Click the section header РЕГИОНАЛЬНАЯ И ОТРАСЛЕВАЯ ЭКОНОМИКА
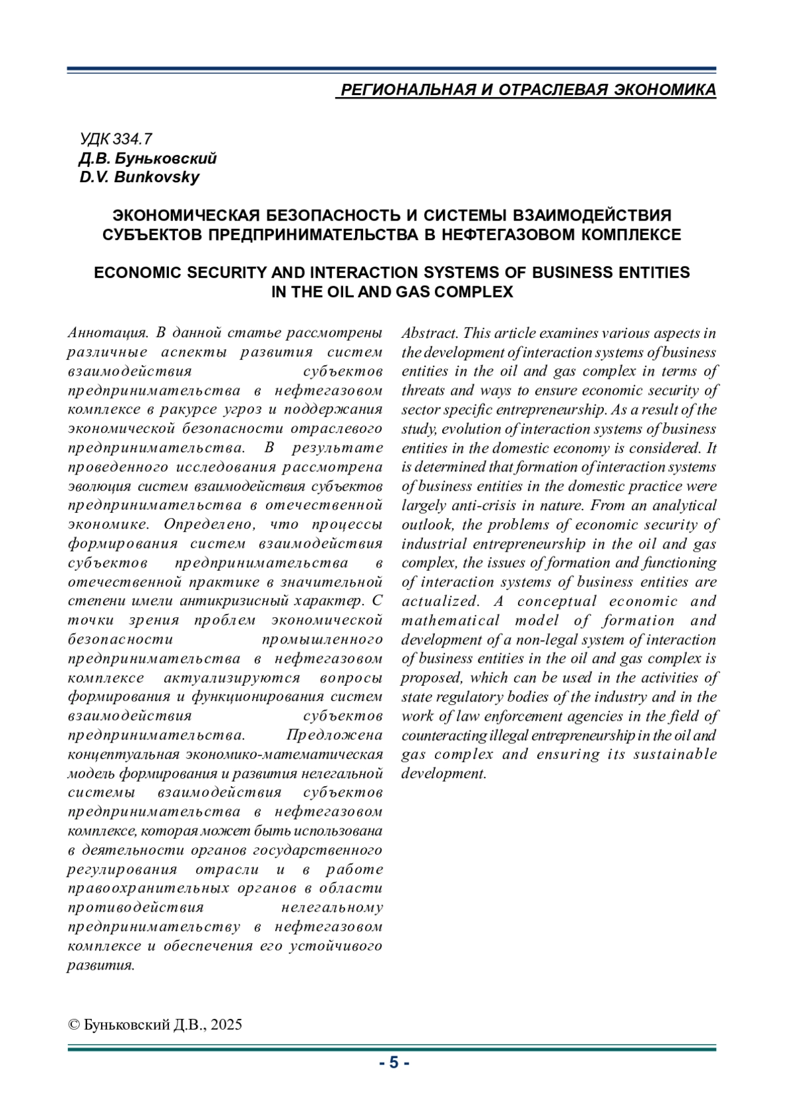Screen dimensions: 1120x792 [x=527, y=90]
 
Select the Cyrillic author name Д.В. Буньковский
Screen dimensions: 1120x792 [x=147, y=158]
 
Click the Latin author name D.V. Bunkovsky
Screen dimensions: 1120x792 [x=139, y=177]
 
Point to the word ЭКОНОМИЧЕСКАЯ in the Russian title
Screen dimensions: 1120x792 [x=188, y=215]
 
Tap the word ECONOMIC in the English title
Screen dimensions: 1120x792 [x=138, y=273]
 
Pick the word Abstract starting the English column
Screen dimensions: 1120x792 [x=430, y=333]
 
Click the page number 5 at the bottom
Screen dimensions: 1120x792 [x=394, y=1063]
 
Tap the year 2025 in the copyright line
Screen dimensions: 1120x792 [x=226, y=1024]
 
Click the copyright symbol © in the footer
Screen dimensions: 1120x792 [x=74, y=1024]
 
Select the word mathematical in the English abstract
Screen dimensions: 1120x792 [x=450, y=620]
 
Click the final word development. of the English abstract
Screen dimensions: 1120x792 [x=444, y=774]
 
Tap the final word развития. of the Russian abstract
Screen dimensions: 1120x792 [x=101, y=965]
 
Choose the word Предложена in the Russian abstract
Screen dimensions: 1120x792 [x=334, y=735]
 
